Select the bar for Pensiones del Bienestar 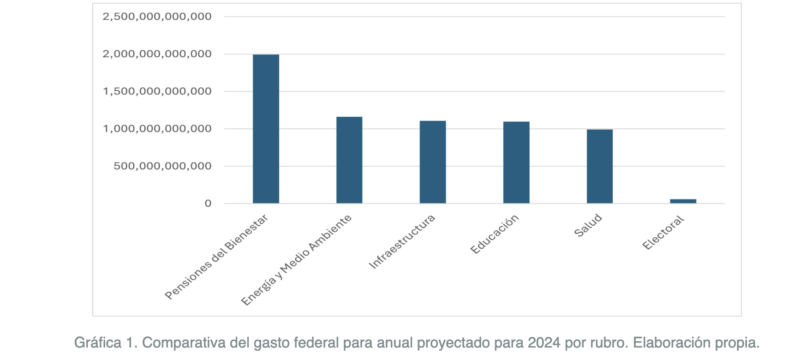(266, 129)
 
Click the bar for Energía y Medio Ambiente (349, 160)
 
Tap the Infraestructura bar (432, 162)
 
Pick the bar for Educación (516, 163)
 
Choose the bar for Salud (599, 166)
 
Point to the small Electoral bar (683, 201)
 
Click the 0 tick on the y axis (208, 203)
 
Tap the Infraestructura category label (401, 241)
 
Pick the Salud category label (588, 226)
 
